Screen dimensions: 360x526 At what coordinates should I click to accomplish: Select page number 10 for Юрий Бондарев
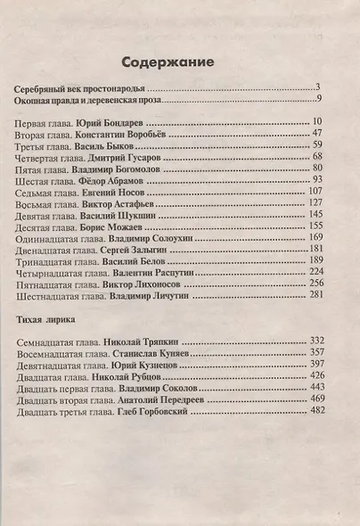[315, 120]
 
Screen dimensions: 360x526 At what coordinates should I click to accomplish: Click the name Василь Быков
[113, 144]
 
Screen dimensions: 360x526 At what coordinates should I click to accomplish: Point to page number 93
[315, 178]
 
